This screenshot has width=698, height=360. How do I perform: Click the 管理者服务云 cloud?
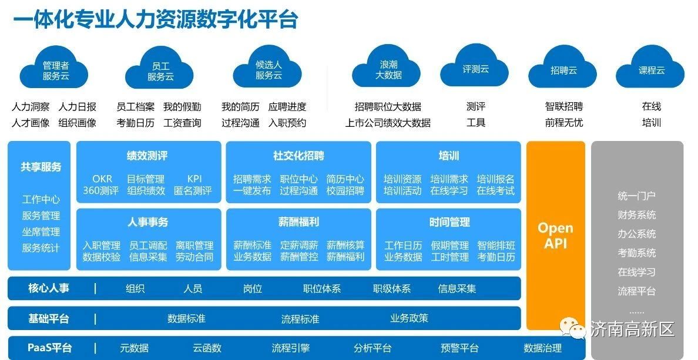coord(54,70)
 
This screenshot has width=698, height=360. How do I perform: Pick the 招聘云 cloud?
coord(563,70)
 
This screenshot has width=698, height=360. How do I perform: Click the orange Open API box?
coord(556,235)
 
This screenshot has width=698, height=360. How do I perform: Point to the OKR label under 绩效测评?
coord(102,179)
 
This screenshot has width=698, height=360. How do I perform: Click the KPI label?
coord(194,179)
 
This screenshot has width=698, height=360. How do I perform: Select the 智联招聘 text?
coord(564,106)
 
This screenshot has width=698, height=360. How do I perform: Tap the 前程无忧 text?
coord(564,122)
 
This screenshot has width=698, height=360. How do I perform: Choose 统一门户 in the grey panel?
coord(636,196)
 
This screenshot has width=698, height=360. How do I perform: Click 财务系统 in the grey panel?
coord(636,215)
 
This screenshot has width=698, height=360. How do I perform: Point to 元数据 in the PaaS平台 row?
coord(135,348)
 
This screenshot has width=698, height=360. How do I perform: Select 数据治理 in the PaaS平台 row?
coord(543,348)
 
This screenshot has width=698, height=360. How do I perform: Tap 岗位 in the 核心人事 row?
coord(253,288)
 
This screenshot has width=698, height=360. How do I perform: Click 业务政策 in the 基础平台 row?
coord(409,318)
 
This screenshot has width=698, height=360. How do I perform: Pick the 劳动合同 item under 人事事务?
coord(194,257)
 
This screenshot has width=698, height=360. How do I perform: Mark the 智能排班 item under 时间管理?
coord(496,245)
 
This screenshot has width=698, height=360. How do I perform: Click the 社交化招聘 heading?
coord(298,156)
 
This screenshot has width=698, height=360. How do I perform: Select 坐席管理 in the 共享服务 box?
coord(41,232)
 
